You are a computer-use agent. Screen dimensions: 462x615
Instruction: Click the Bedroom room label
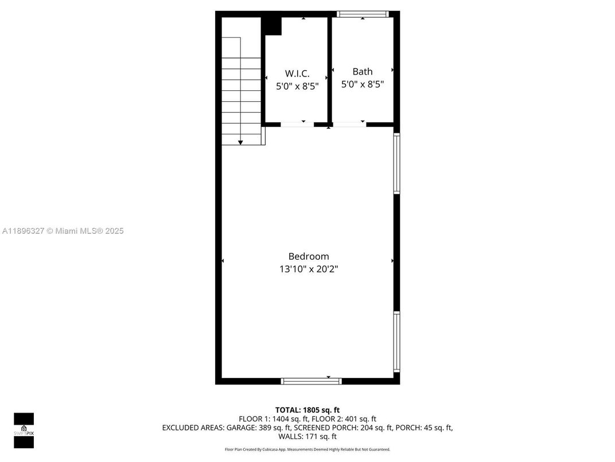click(308, 256)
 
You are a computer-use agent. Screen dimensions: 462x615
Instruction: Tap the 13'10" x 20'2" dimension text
click(308, 268)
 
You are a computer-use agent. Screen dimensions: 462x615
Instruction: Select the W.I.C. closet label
click(297, 74)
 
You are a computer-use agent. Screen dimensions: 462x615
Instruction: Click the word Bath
click(362, 71)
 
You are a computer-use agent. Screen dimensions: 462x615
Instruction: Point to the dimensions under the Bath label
click(362, 84)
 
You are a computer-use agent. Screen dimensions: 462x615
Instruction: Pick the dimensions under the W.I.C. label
click(297, 86)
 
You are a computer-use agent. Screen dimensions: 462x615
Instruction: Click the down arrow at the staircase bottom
click(240, 141)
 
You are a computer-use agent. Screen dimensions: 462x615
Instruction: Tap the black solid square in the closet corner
click(271, 26)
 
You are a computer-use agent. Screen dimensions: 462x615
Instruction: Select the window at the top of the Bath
click(363, 14)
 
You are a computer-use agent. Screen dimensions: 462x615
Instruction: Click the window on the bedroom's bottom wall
click(311, 380)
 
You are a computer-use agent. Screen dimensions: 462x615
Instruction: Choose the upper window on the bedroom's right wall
click(396, 164)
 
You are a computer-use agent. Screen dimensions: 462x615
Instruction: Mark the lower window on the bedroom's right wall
click(396, 341)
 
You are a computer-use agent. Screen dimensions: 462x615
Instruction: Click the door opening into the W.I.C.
click(297, 124)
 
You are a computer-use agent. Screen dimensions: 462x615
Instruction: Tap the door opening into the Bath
click(349, 124)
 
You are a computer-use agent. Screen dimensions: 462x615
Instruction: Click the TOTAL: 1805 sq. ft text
click(307, 410)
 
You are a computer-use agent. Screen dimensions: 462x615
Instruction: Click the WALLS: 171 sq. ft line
click(307, 437)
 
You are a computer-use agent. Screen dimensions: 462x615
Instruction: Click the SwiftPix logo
click(24, 430)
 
